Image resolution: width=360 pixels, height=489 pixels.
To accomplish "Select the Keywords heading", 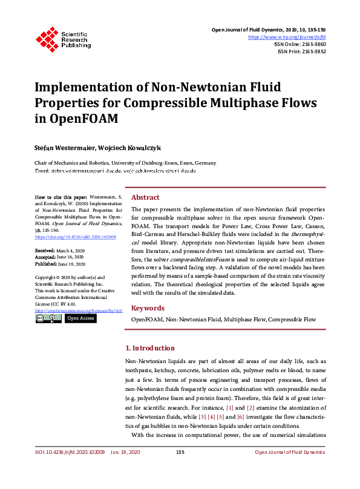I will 148,307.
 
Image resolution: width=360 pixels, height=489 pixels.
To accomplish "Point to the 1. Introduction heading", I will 158,349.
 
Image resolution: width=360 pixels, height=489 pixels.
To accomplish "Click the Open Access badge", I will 80,318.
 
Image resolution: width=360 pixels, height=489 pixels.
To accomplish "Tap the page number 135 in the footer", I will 180,469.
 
